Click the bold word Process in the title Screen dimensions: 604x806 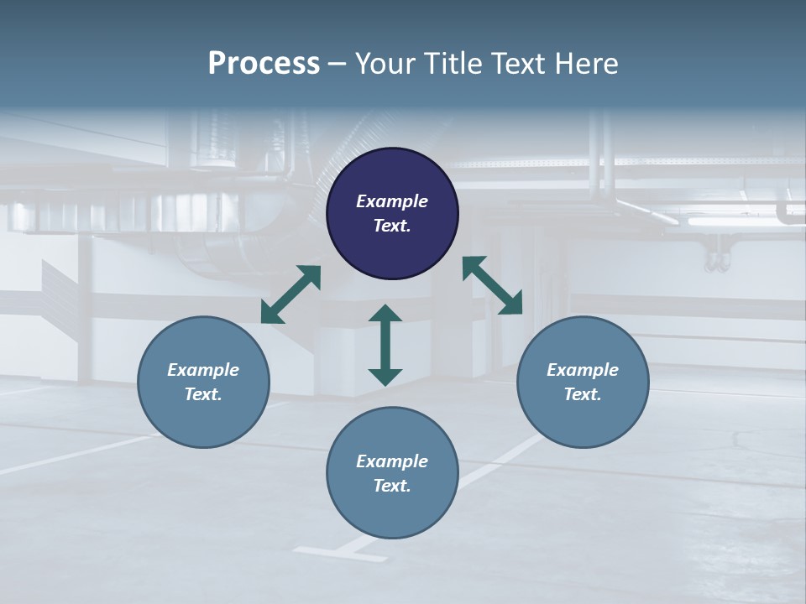point(264,64)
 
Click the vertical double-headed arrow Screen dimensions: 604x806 point(385,345)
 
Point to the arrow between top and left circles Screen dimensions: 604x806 point(290,294)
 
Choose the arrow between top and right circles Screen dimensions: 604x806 point(492,285)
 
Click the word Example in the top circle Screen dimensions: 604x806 point(392,201)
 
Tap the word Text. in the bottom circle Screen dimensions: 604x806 point(392,486)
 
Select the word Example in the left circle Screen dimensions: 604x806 point(203,370)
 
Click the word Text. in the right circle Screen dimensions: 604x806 point(583,394)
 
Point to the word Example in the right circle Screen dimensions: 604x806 point(583,370)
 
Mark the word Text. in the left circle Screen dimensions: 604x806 point(203,394)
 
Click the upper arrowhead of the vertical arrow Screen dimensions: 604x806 point(385,313)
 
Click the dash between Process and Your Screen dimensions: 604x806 point(338,65)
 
